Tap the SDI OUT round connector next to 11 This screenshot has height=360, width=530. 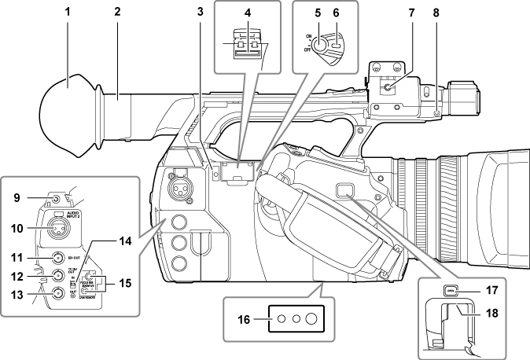(x=57, y=256)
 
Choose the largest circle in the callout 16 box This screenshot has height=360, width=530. (x=311, y=319)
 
